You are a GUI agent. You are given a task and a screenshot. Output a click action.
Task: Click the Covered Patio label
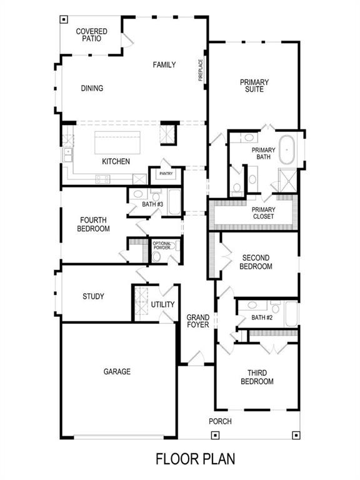(91, 35)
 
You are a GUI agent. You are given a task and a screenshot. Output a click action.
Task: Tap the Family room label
(164, 64)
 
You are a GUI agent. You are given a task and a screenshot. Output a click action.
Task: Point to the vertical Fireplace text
(201, 70)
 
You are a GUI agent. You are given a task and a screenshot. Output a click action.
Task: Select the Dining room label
(92, 88)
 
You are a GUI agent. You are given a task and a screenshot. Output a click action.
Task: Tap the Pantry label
(166, 174)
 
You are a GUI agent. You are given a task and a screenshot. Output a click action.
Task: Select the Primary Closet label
(264, 213)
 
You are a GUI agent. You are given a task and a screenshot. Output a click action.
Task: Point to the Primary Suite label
(254, 86)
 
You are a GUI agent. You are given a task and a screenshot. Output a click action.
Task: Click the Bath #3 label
(152, 204)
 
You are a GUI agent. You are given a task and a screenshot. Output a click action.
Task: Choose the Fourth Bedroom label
(94, 224)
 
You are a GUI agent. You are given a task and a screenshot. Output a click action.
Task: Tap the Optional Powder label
(162, 246)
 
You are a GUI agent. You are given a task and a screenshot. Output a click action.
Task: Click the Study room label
(93, 296)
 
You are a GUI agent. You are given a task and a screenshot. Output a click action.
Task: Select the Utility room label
(162, 304)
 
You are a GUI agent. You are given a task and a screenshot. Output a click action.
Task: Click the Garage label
(117, 372)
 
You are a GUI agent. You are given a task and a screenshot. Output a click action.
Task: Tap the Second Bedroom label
(256, 262)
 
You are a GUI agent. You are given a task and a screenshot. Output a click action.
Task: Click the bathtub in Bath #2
(291, 314)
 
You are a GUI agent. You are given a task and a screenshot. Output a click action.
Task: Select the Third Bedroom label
(256, 377)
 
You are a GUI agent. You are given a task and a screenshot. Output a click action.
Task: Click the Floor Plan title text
(195, 459)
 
